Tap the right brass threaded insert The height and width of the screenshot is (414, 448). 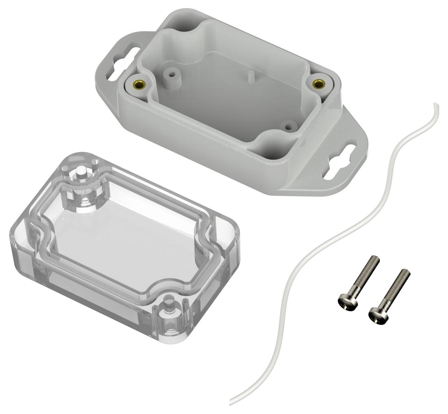[318, 84]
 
